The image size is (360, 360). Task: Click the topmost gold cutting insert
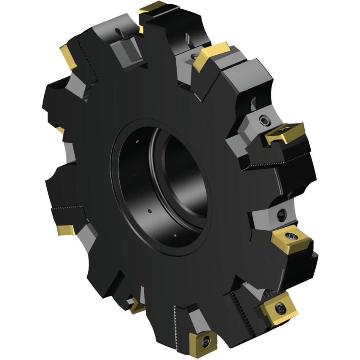(153, 7)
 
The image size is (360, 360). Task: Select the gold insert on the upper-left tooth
(67, 56)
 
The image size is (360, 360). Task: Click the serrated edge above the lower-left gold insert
(67, 208)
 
